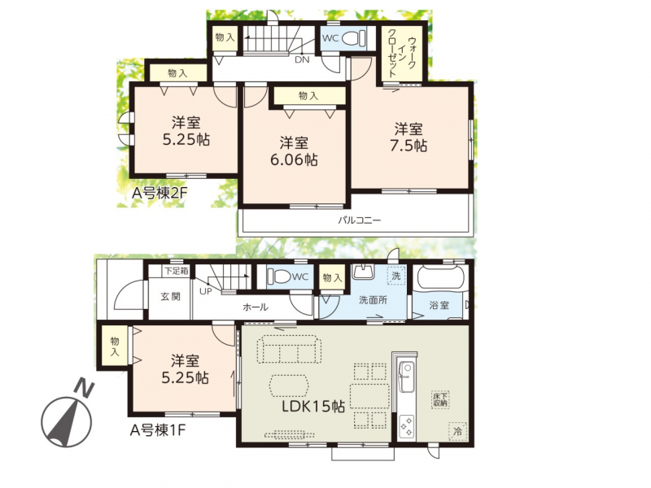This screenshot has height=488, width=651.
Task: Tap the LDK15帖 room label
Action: pyautogui.click(x=313, y=406)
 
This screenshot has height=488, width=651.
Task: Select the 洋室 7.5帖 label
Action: pyautogui.click(x=409, y=137)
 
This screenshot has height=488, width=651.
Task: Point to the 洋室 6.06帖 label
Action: pyautogui.click(x=294, y=151)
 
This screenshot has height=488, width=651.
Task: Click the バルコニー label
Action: pyautogui.click(x=359, y=220)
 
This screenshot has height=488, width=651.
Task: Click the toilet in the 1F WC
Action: pyautogui.click(x=279, y=276)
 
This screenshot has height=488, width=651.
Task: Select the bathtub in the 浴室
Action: pyautogui.click(x=440, y=277)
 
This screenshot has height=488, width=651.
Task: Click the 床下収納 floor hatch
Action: pyautogui.click(x=440, y=399)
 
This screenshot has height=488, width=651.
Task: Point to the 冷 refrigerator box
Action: pyautogui.click(x=457, y=431)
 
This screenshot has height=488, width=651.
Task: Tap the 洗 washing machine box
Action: pyautogui.click(x=396, y=275)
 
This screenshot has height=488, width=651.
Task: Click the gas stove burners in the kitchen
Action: pyautogui.click(x=406, y=426)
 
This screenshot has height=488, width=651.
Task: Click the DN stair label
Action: pyautogui.click(x=302, y=59)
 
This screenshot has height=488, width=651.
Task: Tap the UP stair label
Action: pyautogui.click(x=206, y=291)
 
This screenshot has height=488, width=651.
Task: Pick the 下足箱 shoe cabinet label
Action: pyautogui.click(x=176, y=272)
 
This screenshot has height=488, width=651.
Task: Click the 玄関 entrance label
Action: pyautogui.click(x=171, y=297)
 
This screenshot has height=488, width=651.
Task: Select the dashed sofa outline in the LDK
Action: pyautogui.click(x=289, y=350)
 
